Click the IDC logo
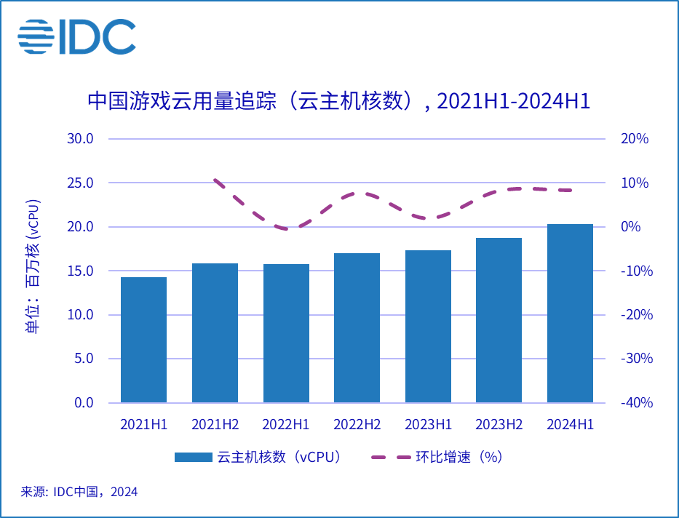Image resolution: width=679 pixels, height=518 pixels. tap(77, 36)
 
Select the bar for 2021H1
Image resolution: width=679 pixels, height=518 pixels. tap(143, 340)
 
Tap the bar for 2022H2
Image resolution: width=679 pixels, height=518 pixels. tap(357, 328)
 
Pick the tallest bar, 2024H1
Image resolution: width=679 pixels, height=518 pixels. tap(570, 314)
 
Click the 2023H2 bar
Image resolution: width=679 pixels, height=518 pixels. tap(499, 320)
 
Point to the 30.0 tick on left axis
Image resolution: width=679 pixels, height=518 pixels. tap(79, 139)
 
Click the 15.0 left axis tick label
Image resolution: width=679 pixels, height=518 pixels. tap(79, 271)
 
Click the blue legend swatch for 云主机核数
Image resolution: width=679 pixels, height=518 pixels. tap(192, 458)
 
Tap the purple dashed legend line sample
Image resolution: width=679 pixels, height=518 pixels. tap(390, 458)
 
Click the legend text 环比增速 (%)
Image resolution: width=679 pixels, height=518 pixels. tap(458, 458)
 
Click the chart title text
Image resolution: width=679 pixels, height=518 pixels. tap(338, 101)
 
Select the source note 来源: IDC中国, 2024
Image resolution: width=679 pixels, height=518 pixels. tap(79, 493)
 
